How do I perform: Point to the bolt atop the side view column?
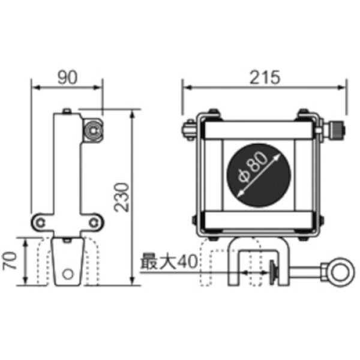(x=67, y=111)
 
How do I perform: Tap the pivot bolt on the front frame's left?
(x=186, y=128)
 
